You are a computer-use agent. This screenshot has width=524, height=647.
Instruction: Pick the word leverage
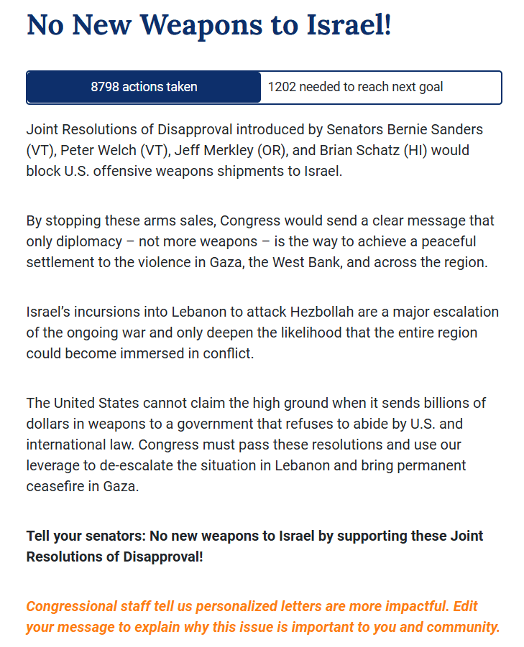(x=53, y=465)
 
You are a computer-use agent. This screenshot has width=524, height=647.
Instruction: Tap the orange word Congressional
(x=76, y=606)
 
